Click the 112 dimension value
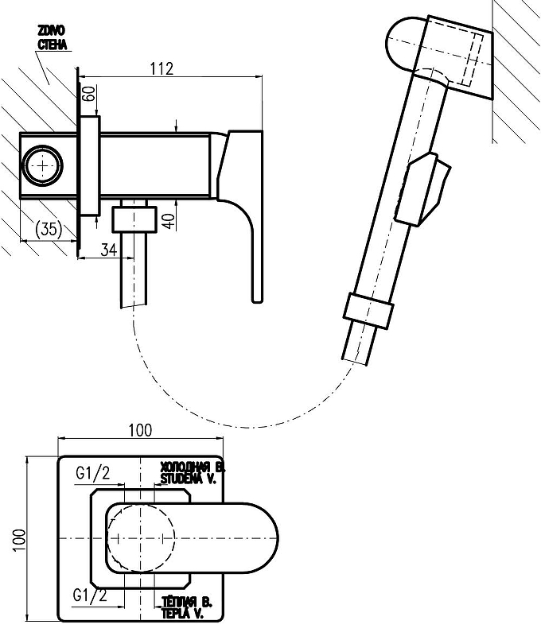[161, 69]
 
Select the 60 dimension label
[88, 96]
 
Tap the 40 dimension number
[168, 220]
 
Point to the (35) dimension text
[49, 229]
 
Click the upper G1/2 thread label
[93, 475]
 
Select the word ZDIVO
[51, 29]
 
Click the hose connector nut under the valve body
[132, 217]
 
